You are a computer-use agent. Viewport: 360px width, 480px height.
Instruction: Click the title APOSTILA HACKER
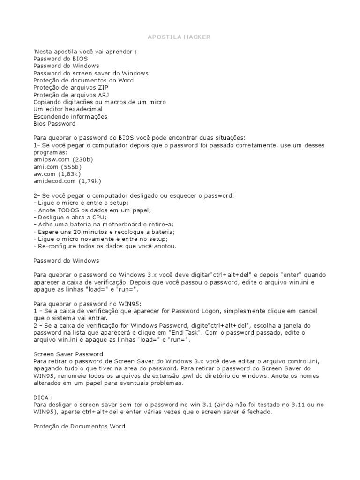point(180,37)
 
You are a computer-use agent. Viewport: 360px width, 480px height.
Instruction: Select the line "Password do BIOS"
point(60,59)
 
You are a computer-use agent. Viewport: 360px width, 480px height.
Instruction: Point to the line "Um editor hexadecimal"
point(68,109)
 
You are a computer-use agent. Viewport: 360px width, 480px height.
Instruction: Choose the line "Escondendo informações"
point(70,116)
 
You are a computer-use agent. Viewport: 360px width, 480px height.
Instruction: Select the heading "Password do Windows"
point(66,260)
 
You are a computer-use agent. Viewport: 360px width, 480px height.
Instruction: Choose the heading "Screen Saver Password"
point(68,354)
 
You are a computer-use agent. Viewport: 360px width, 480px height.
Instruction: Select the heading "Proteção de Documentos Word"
point(79,426)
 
